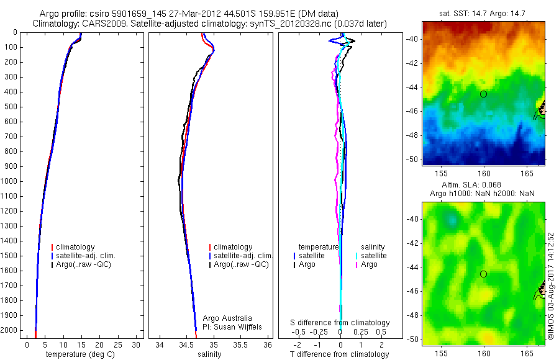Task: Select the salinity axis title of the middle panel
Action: [209, 354]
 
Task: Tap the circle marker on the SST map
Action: [483, 94]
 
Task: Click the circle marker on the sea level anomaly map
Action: [483, 274]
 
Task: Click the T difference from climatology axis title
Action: [339, 354]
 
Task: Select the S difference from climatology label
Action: [340, 323]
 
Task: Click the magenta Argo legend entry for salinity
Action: [369, 264]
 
